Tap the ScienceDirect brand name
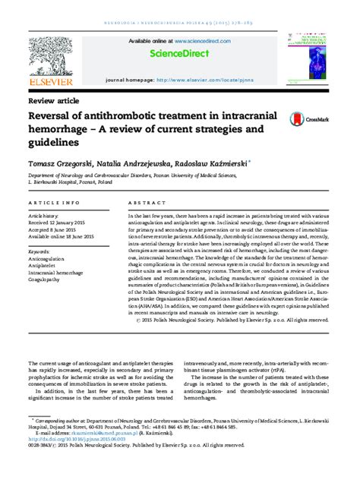[180, 55]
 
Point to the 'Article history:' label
[47, 215]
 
